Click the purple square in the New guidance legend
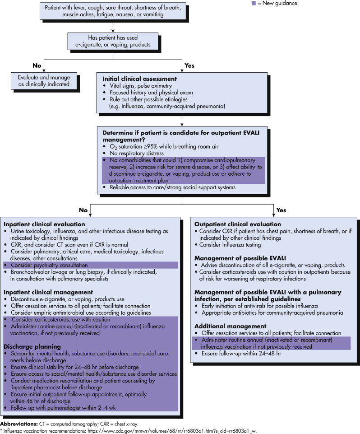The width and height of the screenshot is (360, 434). [254, 3]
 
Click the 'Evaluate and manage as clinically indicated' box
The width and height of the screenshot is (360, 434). [44, 81]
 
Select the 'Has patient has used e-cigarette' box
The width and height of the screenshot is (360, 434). [113, 41]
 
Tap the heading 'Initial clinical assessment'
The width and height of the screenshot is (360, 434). [140, 79]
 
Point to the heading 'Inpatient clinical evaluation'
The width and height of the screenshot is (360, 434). [44, 224]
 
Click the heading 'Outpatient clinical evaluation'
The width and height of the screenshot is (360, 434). [237, 224]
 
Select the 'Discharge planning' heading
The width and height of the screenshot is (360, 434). [32, 346]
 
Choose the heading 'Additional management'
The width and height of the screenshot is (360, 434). [231, 327]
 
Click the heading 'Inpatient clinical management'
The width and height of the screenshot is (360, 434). [48, 292]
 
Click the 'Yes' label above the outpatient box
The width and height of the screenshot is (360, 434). [281, 210]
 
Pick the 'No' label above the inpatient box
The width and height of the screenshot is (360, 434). [83, 210]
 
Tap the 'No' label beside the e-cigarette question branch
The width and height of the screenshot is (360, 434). [37, 65]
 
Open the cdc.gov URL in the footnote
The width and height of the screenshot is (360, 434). [172, 431]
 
